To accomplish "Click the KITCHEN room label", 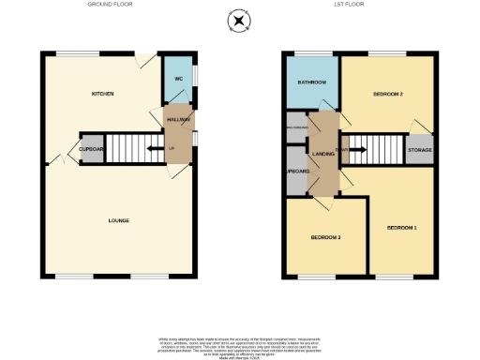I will (102, 95).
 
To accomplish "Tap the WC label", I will (176, 79).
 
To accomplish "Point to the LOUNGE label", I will (118, 220).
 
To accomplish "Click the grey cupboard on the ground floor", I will (91, 149).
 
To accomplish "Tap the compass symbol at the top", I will (240, 21).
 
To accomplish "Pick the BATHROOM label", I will (311, 83).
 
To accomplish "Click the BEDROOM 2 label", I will (387, 95).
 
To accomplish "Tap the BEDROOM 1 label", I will (402, 228).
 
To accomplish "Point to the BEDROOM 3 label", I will (325, 237).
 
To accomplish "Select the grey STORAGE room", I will (418, 150).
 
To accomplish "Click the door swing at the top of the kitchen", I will (142, 61).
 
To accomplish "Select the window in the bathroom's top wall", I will (311, 53).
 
